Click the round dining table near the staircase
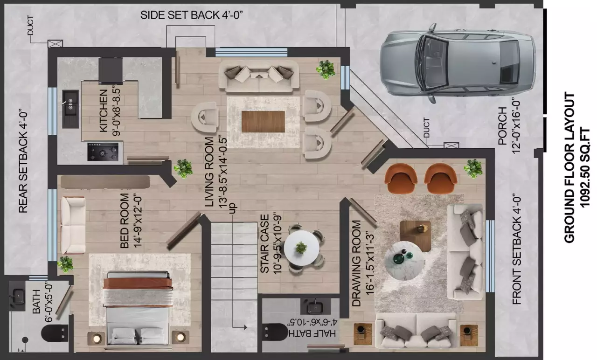(x=301, y=248)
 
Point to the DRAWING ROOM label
(x=357, y=263)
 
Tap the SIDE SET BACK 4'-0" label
(x=192, y=15)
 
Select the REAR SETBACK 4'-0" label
(x=23, y=160)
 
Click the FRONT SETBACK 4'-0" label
(x=517, y=249)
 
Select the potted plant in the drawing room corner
(x=473, y=168)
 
